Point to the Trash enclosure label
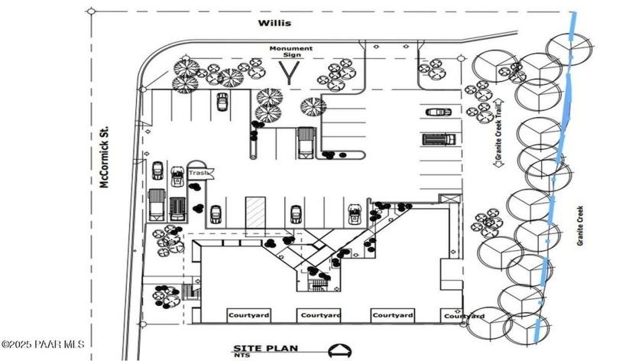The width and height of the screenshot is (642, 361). (x=198, y=173)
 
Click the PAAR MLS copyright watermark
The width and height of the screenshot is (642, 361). (x=43, y=345)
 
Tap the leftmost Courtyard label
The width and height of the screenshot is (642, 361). (x=247, y=314)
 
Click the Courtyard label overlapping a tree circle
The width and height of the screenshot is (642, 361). (x=465, y=316)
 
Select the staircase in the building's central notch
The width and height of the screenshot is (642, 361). (x=316, y=285)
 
